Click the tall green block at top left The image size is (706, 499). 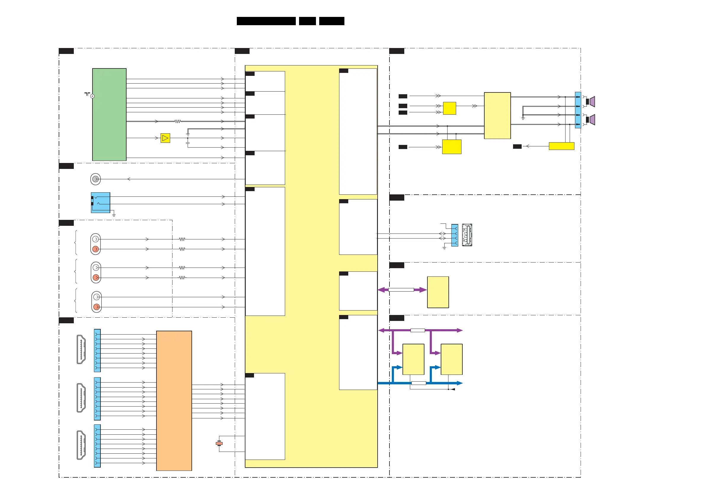[109, 114]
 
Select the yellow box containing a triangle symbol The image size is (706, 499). [165, 138]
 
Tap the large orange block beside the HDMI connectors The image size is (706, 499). [174, 400]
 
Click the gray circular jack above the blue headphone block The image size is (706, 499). [95, 179]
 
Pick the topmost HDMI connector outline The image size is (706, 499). [81, 349]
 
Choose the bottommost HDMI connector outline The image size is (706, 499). [81, 445]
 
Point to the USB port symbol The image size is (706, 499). [467, 235]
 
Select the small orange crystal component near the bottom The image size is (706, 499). [219, 443]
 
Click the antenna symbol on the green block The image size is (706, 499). [88, 94]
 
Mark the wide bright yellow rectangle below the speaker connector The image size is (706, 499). [561, 146]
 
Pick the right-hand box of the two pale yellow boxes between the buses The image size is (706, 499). [451, 359]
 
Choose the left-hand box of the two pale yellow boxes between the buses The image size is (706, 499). [413, 359]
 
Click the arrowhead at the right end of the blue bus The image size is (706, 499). [460, 383]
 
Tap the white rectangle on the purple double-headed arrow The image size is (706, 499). [401, 290]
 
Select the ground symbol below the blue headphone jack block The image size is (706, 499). [114, 215]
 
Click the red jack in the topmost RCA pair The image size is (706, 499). [96, 249]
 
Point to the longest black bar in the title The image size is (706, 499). [266, 21]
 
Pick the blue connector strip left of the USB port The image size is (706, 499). [454, 235]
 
